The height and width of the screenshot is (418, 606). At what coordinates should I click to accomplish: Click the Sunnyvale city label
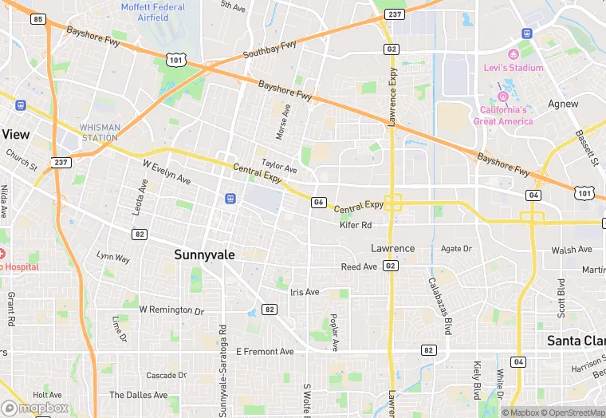tap(205, 254)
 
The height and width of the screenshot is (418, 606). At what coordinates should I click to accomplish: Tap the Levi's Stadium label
tap(514, 68)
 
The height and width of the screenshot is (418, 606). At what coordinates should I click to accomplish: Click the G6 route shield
tap(319, 203)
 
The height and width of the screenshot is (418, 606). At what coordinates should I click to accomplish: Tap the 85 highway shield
tap(37, 18)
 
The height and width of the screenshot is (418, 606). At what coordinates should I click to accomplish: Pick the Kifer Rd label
tap(356, 226)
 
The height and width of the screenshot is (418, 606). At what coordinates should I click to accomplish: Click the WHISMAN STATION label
tap(100, 132)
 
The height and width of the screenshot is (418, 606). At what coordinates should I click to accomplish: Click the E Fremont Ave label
tap(265, 351)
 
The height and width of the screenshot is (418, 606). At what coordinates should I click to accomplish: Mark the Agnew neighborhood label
tap(563, 104)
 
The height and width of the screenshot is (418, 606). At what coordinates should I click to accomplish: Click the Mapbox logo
tap(35, 408)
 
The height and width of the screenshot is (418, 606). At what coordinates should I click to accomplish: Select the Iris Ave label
tap(304, 293)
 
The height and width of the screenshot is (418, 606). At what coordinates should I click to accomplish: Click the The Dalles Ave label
tap(138, 395)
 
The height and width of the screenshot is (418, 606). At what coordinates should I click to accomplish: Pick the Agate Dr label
tap(456, 248)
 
